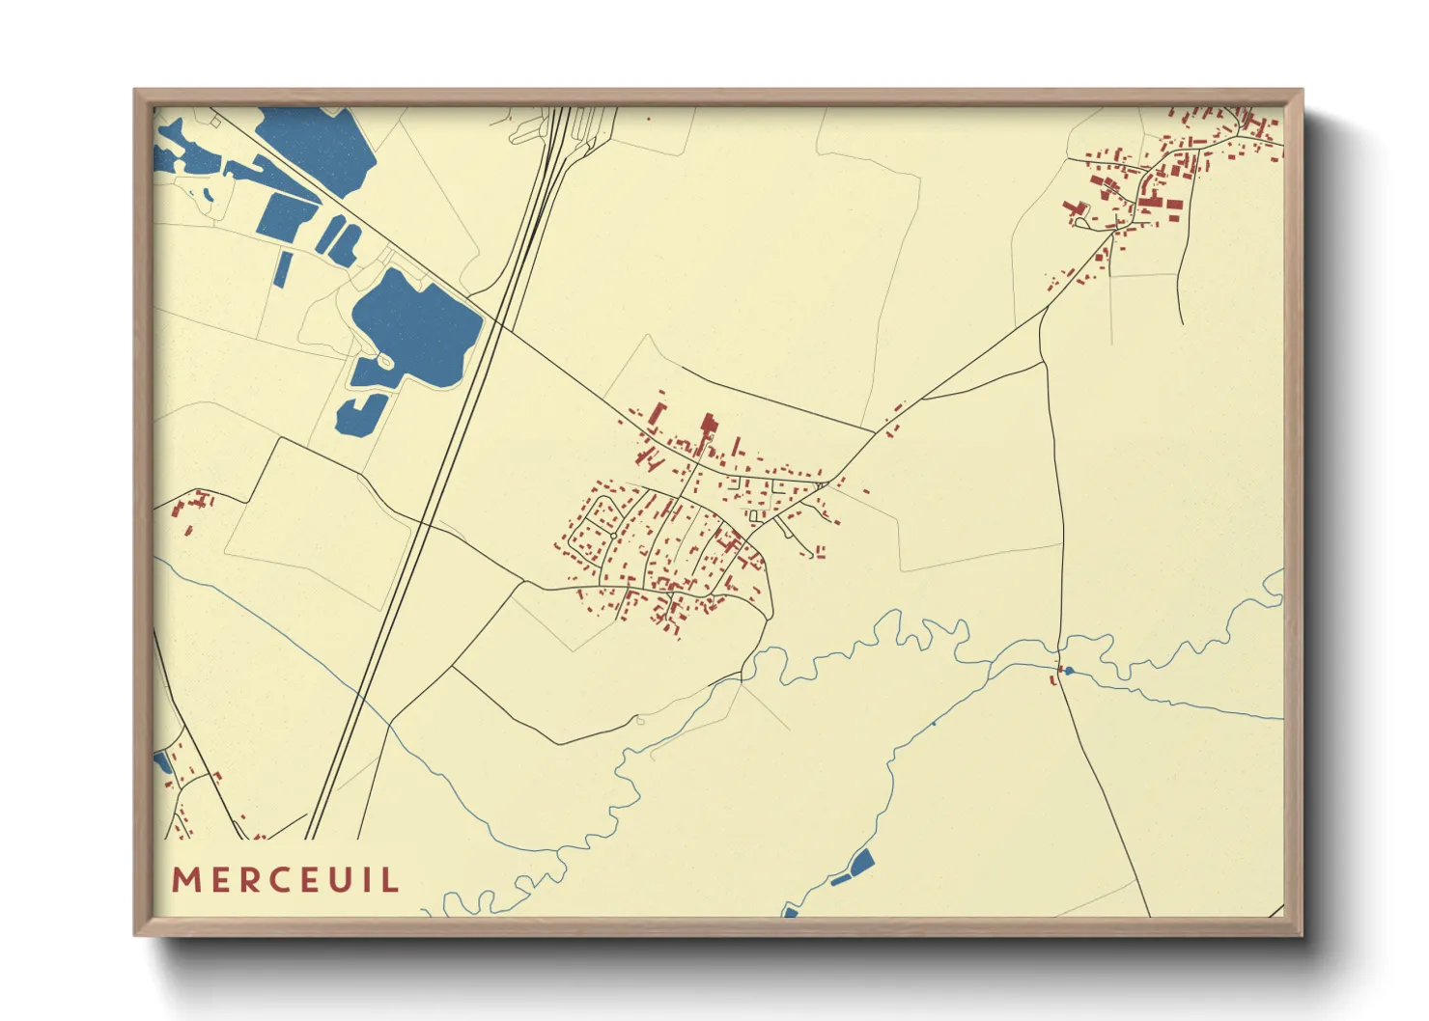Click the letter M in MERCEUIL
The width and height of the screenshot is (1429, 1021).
click(185, 880)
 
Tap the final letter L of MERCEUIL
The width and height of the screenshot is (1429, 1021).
click(391, 880)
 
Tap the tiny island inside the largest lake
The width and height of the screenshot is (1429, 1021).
click(385, 361)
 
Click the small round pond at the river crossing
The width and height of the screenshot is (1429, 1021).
click(1069, 670)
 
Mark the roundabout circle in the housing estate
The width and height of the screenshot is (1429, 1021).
click(613, 535)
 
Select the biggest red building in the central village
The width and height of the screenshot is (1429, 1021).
click(709, 427)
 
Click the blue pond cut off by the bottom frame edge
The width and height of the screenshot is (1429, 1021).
click(791, 911)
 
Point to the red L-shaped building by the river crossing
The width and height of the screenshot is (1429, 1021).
click(1054, 678)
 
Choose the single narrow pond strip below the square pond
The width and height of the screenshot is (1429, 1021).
click(283, 268)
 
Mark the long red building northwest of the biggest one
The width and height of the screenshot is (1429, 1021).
click(657, 413)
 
